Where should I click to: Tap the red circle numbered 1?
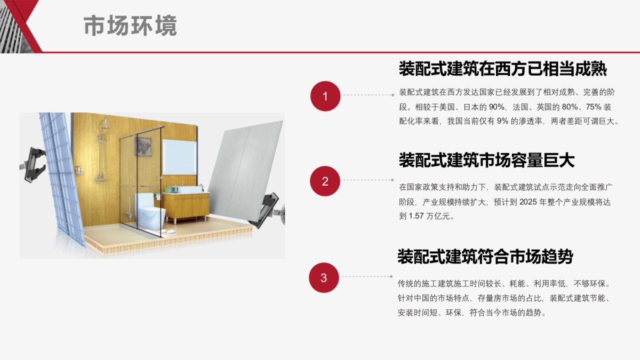(x=325, y=96)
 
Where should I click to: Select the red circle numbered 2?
(x=325, y=181)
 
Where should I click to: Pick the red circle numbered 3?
(x=324, y=277)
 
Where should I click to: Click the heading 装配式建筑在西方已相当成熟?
(x=502, y=69)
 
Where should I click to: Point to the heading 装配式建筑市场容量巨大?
(x=486, y=159)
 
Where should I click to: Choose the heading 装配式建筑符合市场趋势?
(x=485, y=257)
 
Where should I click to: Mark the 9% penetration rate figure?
(x=502, y=121)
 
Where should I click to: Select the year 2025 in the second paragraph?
(x=527, y=202)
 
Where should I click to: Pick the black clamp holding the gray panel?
(x=266, y=210)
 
